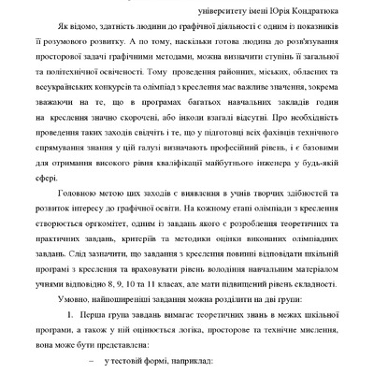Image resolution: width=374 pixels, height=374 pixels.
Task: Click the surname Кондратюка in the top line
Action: click(328, 9)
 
